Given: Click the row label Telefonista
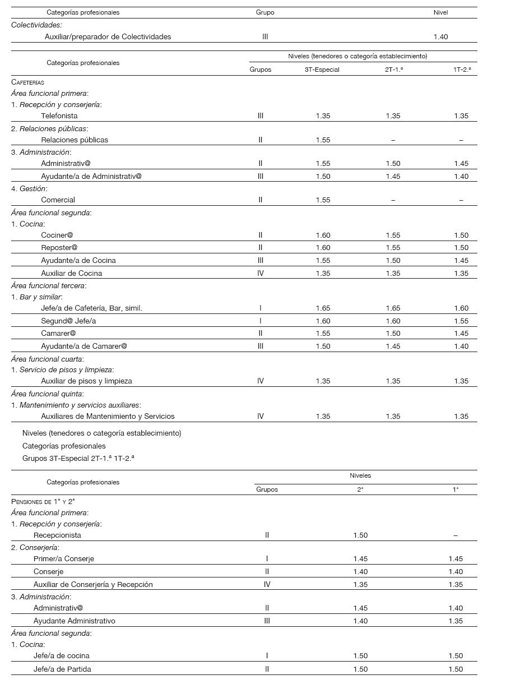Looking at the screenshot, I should click(x=59, y=116).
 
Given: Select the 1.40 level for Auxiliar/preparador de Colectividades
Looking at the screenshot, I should click(x=440, y=37).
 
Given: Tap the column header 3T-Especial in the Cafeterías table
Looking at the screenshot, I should click(x=322, y=70).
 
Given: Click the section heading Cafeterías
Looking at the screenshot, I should click(x=27, y=82).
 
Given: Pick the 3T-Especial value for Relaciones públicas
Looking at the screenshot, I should click(x=323, y=140).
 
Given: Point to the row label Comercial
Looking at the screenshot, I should click(x=58, y=200).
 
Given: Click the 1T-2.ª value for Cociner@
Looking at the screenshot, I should click(x=461, y=235).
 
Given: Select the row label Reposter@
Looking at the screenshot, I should click(x=59, y=248).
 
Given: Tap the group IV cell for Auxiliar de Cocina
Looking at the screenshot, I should click(x=261, y=274).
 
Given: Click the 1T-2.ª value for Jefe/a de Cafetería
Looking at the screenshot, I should click(x=461, y=308).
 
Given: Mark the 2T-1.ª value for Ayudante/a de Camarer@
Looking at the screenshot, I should click(x=393, y=346).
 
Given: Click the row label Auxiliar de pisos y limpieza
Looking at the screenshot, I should click(x=86, y=381).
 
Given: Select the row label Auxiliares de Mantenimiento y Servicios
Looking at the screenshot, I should click(x=108, y=417).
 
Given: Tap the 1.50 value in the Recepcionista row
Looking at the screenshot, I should click(x=360, y=535).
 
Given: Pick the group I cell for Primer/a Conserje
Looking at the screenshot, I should click(x=267, y=559).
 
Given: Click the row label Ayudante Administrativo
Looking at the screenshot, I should click(x=74, y=621).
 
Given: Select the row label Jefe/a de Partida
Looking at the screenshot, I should click(x=62, y=669).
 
